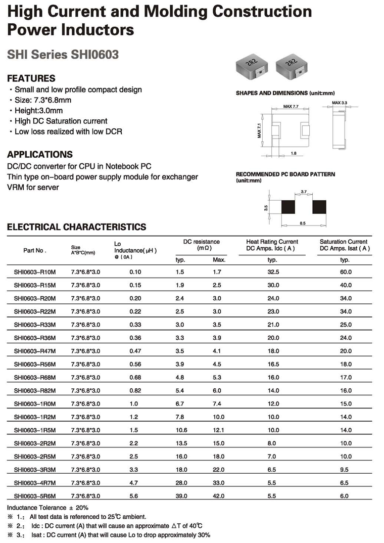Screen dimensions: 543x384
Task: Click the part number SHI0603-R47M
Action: pos(35,350)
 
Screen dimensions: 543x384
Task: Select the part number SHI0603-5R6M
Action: pos(35,496)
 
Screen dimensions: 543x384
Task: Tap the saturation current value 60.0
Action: pos(345,272)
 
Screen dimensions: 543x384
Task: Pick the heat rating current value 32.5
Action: pos(272,272)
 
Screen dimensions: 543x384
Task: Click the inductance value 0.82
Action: pos(135,391)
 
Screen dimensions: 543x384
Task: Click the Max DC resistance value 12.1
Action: pos(219,431)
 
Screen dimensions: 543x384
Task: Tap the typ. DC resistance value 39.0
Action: pos(181,496)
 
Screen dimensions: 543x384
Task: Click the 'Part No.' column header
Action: pos(35,250)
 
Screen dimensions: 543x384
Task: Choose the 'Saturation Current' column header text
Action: pos(344,242)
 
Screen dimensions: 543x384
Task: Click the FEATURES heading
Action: pos(31,78)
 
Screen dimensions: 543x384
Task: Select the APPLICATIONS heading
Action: pos(40,155)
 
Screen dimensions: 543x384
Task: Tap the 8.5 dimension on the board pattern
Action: pos(303,222)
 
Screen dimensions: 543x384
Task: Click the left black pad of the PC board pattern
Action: pos(288,207)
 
